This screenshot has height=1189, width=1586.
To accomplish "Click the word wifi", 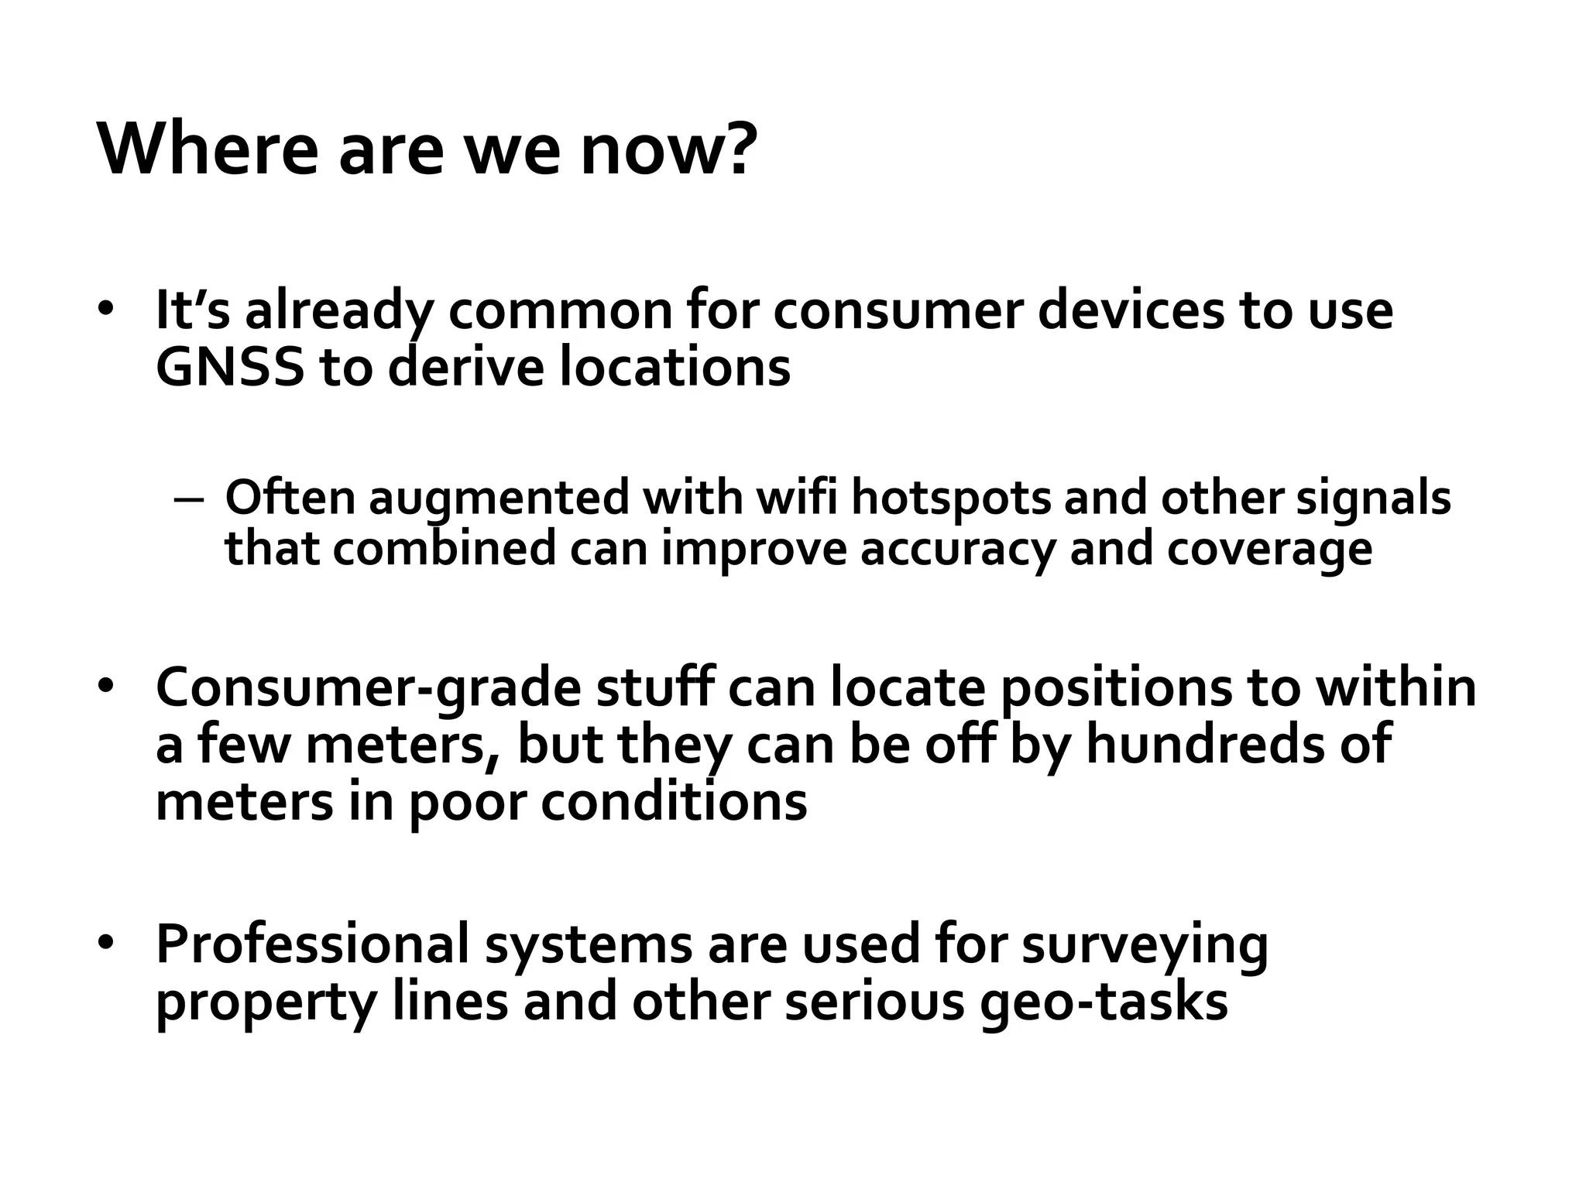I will [797, 497].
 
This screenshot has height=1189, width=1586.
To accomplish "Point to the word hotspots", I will [951, 497].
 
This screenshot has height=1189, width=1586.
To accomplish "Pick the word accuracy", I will [957, 548].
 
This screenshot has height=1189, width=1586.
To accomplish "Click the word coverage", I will [1269, 548].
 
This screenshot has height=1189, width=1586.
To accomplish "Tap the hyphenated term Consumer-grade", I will [368, 687].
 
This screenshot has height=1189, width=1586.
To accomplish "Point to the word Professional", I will [313, 943].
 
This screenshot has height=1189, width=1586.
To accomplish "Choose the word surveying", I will [1145, 944].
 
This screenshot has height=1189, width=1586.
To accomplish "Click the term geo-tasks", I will [1104, 1002].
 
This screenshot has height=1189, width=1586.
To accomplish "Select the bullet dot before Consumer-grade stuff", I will [106, 686].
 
